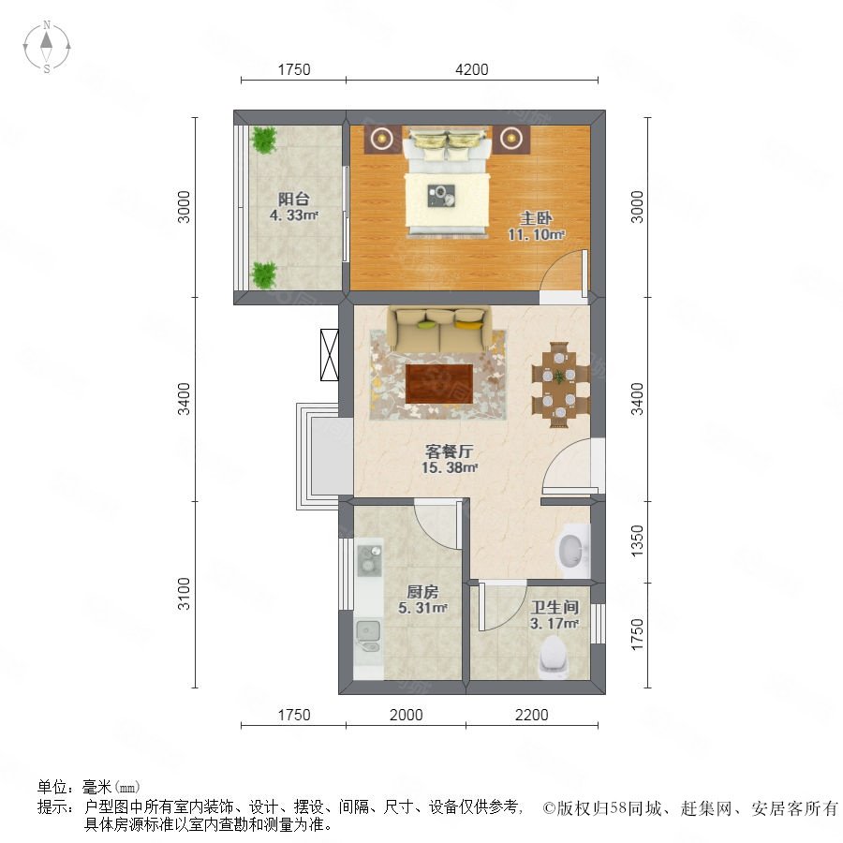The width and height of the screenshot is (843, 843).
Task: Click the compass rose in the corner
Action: (47, 47)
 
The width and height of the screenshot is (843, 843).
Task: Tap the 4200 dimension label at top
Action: (471, 69)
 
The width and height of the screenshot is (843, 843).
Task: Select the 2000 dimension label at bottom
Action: (406, 715)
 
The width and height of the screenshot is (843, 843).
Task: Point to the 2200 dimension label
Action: (532, 715)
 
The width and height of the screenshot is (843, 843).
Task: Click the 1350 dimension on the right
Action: (637, 541)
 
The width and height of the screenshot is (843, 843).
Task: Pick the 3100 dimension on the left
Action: (184, 594)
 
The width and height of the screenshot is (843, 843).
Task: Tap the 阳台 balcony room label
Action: (293, 199)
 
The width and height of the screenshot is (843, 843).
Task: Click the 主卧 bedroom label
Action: (536, 217)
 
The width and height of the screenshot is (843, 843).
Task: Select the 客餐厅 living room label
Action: (449, 451)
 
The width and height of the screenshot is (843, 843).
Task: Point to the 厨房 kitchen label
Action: (422, 592)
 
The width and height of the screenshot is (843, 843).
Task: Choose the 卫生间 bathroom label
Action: (555, 608)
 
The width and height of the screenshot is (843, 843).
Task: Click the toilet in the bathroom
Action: (552, 656)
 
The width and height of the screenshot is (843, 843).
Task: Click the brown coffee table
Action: (439, 383)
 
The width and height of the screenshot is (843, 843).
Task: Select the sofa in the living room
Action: (440, 329)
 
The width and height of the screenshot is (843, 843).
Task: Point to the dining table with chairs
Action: (560, 384)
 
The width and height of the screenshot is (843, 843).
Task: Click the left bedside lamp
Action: (382, 139)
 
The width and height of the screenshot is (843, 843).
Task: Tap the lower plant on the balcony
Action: (264, 274)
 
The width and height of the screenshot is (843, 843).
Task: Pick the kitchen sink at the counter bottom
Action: (368, 636)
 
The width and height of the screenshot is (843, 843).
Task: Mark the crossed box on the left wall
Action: (329, 355)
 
